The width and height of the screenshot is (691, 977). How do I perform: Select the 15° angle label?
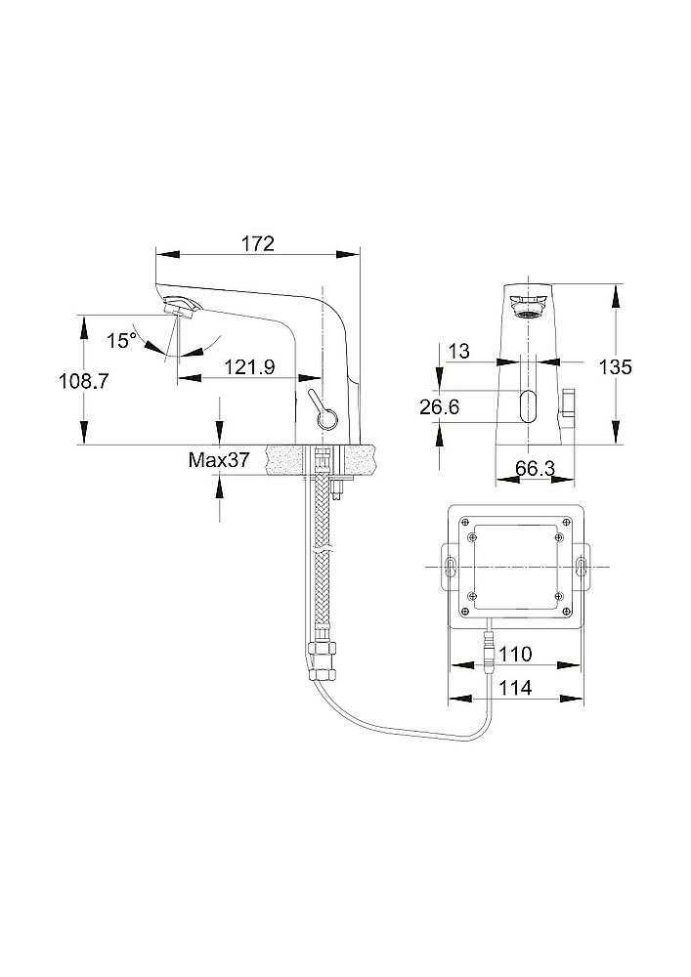[121, 340]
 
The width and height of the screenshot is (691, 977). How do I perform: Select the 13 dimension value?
[459, 351]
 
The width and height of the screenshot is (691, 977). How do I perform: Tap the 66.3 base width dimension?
[535, 469]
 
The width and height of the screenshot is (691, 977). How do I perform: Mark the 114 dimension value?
[515, 688]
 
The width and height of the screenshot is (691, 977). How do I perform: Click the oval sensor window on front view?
[529, 404]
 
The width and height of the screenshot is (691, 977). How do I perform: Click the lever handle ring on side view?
[326, 420]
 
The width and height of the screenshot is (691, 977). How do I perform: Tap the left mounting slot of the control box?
[452, 568]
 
